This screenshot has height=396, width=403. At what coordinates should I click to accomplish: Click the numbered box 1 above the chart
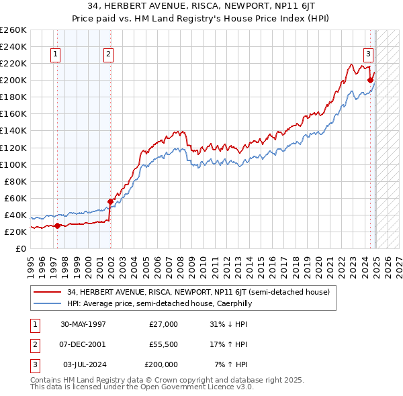point(54,55)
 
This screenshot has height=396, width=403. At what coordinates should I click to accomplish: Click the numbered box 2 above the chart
point(108,55)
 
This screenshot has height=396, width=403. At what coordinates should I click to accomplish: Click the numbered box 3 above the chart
point(369,55)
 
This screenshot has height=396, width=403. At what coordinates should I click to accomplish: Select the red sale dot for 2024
point(370,80)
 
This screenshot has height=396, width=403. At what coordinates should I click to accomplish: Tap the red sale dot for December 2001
point(110,201)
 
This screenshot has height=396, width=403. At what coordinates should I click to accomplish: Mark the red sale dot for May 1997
point(58,226)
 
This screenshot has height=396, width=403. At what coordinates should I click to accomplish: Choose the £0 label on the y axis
point(20,248)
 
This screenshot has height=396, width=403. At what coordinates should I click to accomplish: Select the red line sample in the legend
point(48,293)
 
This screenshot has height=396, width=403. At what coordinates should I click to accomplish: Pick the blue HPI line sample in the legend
point(48,304)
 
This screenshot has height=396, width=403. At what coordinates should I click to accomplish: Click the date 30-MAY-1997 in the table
point(83,324)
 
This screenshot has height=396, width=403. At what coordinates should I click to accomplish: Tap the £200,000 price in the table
point(161,364)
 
